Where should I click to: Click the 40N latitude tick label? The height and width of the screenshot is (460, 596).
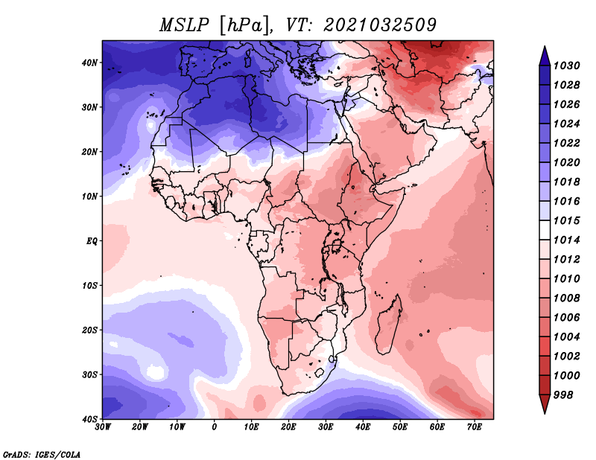tap(89, 63)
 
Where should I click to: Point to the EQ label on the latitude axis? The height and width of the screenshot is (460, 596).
tap(92, 241)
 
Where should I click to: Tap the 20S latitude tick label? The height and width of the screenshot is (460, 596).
tap(89, 330)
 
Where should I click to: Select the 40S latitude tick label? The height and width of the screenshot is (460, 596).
tap(89, 419)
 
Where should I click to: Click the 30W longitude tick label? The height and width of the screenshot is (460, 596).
tap(103, 427)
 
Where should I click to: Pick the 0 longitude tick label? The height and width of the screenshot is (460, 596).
tap(215, 427)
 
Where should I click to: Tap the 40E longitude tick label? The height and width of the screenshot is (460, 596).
tap(363, 427)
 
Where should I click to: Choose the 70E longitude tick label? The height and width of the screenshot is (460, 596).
tap(475, 427)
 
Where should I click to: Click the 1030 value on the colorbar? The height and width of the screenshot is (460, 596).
tap(566, 66)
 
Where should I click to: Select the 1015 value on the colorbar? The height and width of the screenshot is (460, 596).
tap(566, 220)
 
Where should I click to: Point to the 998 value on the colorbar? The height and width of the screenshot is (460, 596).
tap(563, 395)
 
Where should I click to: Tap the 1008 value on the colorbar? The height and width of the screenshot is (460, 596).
tap(566, 298)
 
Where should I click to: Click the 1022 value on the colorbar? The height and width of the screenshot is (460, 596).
tap(566, 143)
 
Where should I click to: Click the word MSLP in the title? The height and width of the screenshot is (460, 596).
tap(184, 25)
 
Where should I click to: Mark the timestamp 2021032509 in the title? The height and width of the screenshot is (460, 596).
tap(380, 25)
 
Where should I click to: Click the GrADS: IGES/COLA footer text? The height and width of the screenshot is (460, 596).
tap(42, 454)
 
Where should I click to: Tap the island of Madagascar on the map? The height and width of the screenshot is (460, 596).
tap(388, 325)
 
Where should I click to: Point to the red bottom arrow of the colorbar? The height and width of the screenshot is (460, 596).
tap(545, 403)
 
